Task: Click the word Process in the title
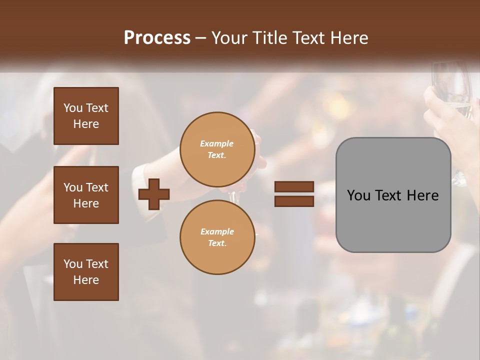tap(157, 38)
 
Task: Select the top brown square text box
tap(86, 116)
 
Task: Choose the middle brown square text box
tap(86, 195)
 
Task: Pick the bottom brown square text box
tap(86, 271)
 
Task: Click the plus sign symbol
tap(154, 194)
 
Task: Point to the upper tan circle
tap(217, 149)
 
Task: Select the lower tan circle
tap(217, 237)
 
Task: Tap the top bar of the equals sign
tap(294, 186)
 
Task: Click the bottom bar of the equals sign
tap(294, 201)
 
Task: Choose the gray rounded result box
tap(393, 220)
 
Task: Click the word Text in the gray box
tap(389, 195)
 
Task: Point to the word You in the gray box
tap(359, 195)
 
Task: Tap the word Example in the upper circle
tap(217, 143)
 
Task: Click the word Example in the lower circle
tap(217, 231)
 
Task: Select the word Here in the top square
tap(86, 124)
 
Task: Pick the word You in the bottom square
tap(73, 264)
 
